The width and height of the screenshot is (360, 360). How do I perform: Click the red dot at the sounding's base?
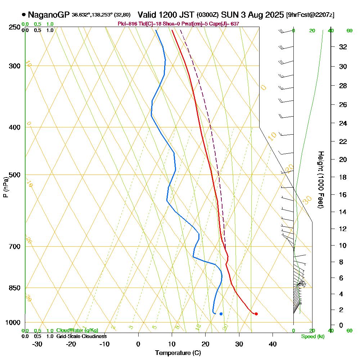(x=256, y=314)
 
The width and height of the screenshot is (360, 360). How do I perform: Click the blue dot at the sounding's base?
(x=221, y=314)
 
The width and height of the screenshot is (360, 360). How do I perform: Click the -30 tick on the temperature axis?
(x=37, y=344)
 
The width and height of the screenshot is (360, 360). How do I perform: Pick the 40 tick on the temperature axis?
(x=273, y=344)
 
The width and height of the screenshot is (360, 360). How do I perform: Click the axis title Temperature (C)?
(x=178, y=353)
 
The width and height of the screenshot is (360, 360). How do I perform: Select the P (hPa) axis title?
(x=5, y=187)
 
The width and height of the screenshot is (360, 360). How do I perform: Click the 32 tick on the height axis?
(x=343, y=47)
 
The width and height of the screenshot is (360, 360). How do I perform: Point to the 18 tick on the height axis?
(x=343, y=177)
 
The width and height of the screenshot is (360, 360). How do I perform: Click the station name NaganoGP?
(x=49, y=15)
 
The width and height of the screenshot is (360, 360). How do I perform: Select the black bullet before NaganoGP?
(x=24, y=15)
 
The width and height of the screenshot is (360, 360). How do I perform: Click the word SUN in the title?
(x=229, y=15)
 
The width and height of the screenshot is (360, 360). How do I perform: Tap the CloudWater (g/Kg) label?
(x=77, y=330)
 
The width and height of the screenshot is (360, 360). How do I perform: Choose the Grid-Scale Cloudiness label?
(x=81, y=336)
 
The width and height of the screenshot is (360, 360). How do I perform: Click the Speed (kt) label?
(x=312, y=337)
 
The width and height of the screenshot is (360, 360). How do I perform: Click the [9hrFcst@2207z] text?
(x=310, y=15)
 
